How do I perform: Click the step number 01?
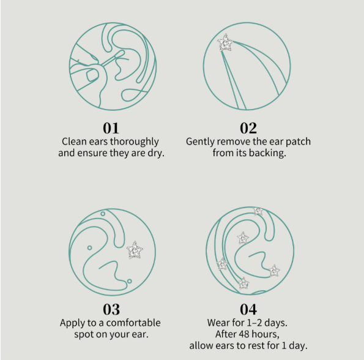coord(111,128)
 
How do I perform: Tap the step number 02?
coord(248,128)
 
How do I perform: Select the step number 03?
coord(111,309)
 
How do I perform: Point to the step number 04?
coord(248,309)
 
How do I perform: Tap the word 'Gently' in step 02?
coord(201,141)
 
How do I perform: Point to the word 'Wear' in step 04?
coord(218,322)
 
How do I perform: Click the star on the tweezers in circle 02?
coord(226,42)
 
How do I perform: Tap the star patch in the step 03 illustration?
coord(134,250)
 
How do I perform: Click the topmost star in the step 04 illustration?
coord(258,211)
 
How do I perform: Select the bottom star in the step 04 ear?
coord(243,283)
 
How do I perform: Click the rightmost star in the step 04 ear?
coord(274,270)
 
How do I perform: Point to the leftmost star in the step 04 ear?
coord(222,264)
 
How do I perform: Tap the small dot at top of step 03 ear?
coord(103,214)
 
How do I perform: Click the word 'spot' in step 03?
coord(86,334)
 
